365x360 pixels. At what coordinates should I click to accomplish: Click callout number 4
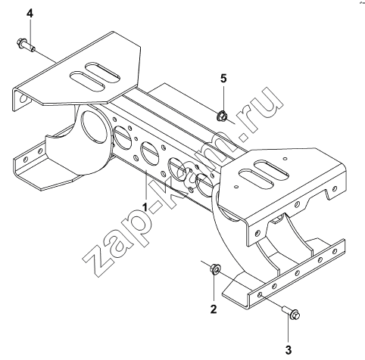click(30, 14)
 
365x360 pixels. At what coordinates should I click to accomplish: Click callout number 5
click(223, 79)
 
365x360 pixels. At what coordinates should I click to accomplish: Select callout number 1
click(145, 207)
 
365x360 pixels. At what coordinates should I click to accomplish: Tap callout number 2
click(214, 309)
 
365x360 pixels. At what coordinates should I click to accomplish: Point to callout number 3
click(289, 350)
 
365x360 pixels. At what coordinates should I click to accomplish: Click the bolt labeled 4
click(26, 45)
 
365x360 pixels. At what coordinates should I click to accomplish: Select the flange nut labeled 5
click(222, 116)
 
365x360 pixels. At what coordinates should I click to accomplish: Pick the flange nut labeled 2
click(215, 269)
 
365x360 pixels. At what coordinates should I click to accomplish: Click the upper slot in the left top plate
click(101, 72)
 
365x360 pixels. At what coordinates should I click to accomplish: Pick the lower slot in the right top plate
click(257, 178)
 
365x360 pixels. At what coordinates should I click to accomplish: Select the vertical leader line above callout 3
click(289, 331)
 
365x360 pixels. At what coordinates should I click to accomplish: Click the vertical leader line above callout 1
click(146, 186)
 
